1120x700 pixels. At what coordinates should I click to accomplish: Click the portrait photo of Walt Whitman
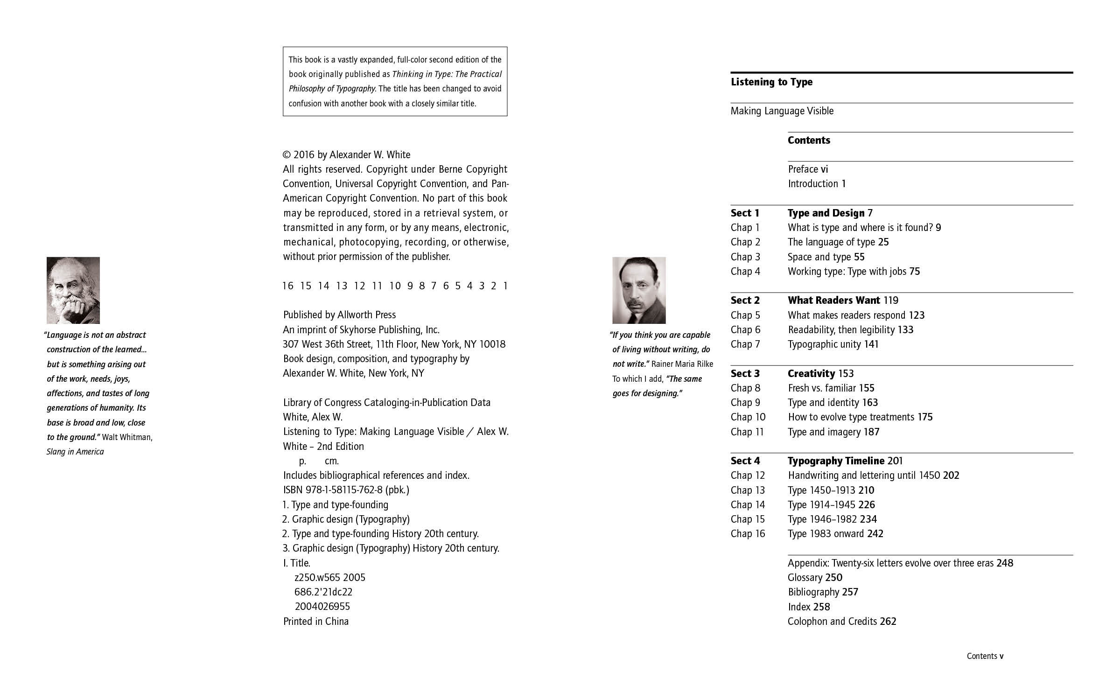[73, 290]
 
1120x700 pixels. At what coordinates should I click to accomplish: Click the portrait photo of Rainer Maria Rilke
[639, 290]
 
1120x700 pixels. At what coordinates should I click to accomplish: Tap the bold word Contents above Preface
[809, 140]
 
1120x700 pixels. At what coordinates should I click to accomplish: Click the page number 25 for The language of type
[883, 242]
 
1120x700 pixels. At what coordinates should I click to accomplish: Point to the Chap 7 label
[745, 344]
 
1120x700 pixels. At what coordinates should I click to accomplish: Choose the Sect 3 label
[745, 374]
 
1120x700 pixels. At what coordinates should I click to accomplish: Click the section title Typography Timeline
[836, 461]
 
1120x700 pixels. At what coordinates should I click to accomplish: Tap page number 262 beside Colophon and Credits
[888, 622]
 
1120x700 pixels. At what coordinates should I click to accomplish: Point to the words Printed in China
[316, 622]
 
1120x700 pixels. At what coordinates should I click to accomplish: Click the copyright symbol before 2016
[287, 155]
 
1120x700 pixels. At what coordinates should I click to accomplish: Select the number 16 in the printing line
[288, 286]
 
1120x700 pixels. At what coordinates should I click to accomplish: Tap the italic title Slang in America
[75, 452]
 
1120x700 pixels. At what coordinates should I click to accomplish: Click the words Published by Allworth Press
[339, 315]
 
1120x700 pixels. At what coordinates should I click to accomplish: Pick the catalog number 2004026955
[322, 607]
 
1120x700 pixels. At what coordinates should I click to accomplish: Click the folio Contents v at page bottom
[985, 656]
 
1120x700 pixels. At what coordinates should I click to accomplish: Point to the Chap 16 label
[748, 534]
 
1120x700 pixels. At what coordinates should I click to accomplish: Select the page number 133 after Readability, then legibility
[905, 330]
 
